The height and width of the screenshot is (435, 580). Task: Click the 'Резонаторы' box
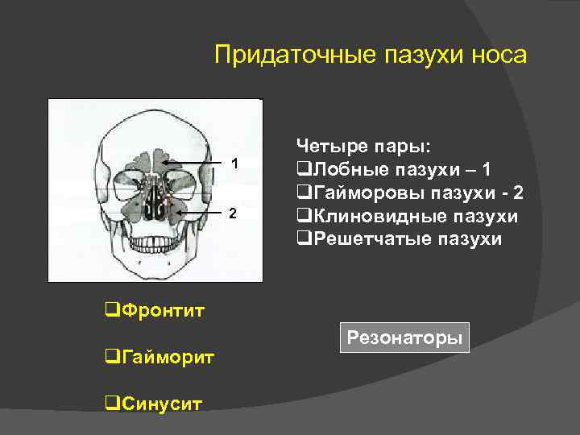(x=404, y=338)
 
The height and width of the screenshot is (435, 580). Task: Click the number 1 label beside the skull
(x=234, y=164)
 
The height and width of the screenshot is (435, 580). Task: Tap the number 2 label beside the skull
(x=233, y=213)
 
